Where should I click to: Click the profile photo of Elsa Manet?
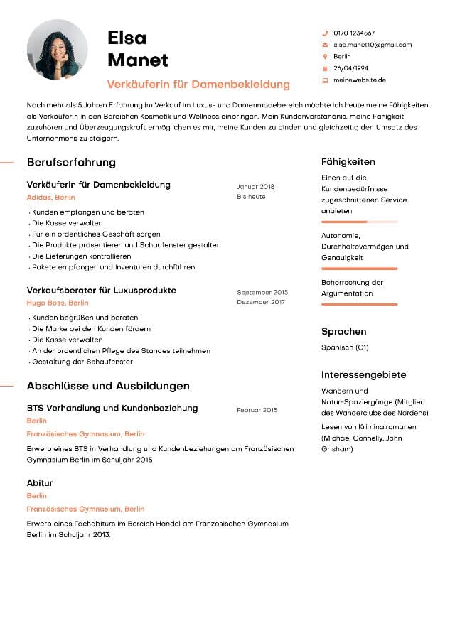[x=57, y=50]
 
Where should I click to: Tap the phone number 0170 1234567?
[x=354, y=33]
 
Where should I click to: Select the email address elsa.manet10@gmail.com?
[x=373, y=45]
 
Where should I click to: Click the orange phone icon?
[x=325, y=33]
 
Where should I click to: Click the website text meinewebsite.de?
[x=359, y=80]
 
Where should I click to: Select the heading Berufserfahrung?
[x=71, y=162]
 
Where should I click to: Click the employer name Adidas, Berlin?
[x=50, y=198]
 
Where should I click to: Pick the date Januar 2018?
[x=255, y=187]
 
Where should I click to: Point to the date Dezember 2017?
[x=260, y=302]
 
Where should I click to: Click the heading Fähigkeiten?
[x=348, y=162]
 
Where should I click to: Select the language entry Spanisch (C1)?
[x=345, y=347]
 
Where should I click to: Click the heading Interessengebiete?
[x=363, y=374]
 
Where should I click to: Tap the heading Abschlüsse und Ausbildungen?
[x=108, y=386]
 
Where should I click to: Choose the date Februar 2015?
[x=257, y=410]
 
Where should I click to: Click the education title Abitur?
[x=40, y=483]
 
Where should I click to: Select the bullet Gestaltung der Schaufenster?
[x=82, y=362]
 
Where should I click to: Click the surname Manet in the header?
[x=138, y=60]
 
